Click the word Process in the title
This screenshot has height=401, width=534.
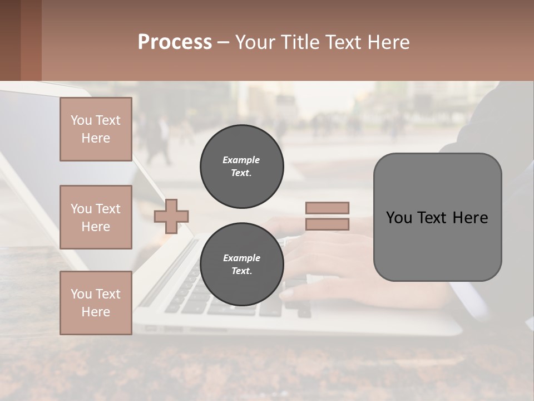175,42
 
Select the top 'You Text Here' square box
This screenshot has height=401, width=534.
96,129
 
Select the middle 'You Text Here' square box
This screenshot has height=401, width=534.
96,217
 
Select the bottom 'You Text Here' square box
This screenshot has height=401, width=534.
96,303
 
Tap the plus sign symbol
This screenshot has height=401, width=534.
171,216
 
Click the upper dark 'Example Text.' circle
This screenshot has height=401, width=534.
241,167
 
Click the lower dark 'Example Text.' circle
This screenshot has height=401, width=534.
241,265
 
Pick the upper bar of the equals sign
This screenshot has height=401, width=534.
327,208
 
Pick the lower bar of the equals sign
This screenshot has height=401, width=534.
327,224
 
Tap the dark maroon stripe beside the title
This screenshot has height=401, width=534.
31,40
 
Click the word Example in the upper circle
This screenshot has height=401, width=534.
241,160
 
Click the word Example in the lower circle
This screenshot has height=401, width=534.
241,258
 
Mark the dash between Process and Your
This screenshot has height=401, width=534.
224,43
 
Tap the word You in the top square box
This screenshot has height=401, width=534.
81,120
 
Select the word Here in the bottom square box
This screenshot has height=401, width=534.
96,312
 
